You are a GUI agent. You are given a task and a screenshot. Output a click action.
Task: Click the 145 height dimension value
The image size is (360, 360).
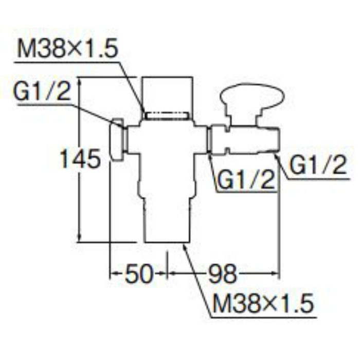point(80,159)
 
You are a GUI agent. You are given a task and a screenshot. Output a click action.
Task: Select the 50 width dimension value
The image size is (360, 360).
point(139,274)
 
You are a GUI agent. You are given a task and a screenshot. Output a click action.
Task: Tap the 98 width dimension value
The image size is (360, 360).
point(222,274)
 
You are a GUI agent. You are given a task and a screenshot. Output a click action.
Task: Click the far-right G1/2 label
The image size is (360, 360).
point(318,165)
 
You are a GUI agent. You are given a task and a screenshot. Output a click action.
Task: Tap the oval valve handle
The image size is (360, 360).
point(252,96)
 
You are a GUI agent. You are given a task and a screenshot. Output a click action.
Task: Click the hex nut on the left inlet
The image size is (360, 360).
point(117,140)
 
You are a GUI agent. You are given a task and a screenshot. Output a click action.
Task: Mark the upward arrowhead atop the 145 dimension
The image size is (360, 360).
point(80,82)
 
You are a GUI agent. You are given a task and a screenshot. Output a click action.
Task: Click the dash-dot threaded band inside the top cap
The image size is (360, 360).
point(167,116)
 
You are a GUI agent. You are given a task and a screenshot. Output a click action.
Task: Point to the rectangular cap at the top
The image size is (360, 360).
point(167,96)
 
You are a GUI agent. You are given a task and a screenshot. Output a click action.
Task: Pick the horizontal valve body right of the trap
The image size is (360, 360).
point(244,139)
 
